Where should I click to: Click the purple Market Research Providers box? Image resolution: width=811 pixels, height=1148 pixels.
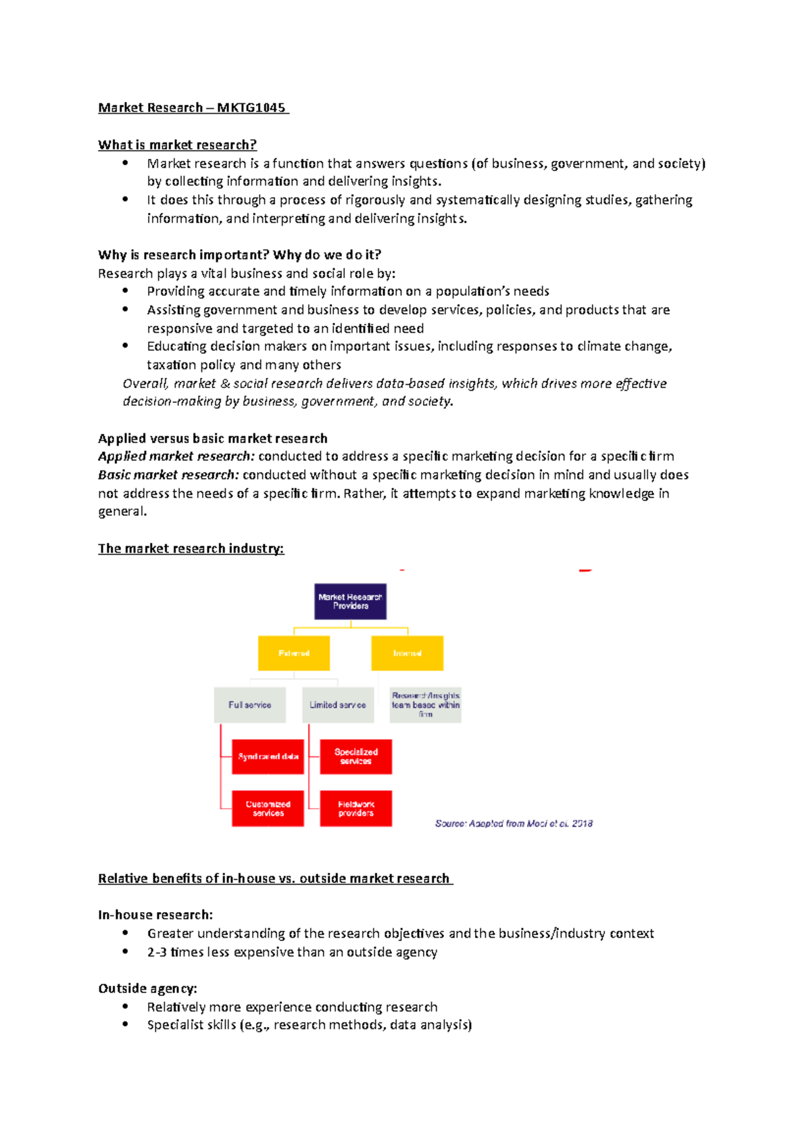350,601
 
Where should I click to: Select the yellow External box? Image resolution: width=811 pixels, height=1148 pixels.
294,653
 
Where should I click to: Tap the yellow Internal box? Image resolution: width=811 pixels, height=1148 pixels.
407,653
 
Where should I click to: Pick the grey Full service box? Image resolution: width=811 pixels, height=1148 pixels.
249,705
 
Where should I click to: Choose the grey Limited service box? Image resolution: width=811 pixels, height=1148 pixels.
337,705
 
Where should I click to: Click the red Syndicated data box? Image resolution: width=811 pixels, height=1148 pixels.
268,757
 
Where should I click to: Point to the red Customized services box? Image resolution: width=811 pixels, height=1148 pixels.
268,809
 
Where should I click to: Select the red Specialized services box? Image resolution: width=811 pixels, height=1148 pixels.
355,757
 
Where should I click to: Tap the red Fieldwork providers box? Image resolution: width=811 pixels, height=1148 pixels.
355,809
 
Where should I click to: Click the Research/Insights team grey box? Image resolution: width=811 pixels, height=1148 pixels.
426,705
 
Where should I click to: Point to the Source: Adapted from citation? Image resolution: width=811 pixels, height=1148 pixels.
514,823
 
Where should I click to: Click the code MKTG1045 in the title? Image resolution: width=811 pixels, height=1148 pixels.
251,108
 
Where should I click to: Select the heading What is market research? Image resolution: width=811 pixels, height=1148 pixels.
177,145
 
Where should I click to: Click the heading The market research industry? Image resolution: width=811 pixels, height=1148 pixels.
191,548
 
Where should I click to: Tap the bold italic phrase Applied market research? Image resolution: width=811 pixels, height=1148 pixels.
176,456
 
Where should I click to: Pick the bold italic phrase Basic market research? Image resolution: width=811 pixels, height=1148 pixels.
168,475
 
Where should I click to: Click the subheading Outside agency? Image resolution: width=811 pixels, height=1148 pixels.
147,988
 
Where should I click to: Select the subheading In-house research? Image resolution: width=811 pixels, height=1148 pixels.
155,915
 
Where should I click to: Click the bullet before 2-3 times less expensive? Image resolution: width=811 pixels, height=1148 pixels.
126,951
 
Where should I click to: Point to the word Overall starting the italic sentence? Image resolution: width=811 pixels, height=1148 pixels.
145,383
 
